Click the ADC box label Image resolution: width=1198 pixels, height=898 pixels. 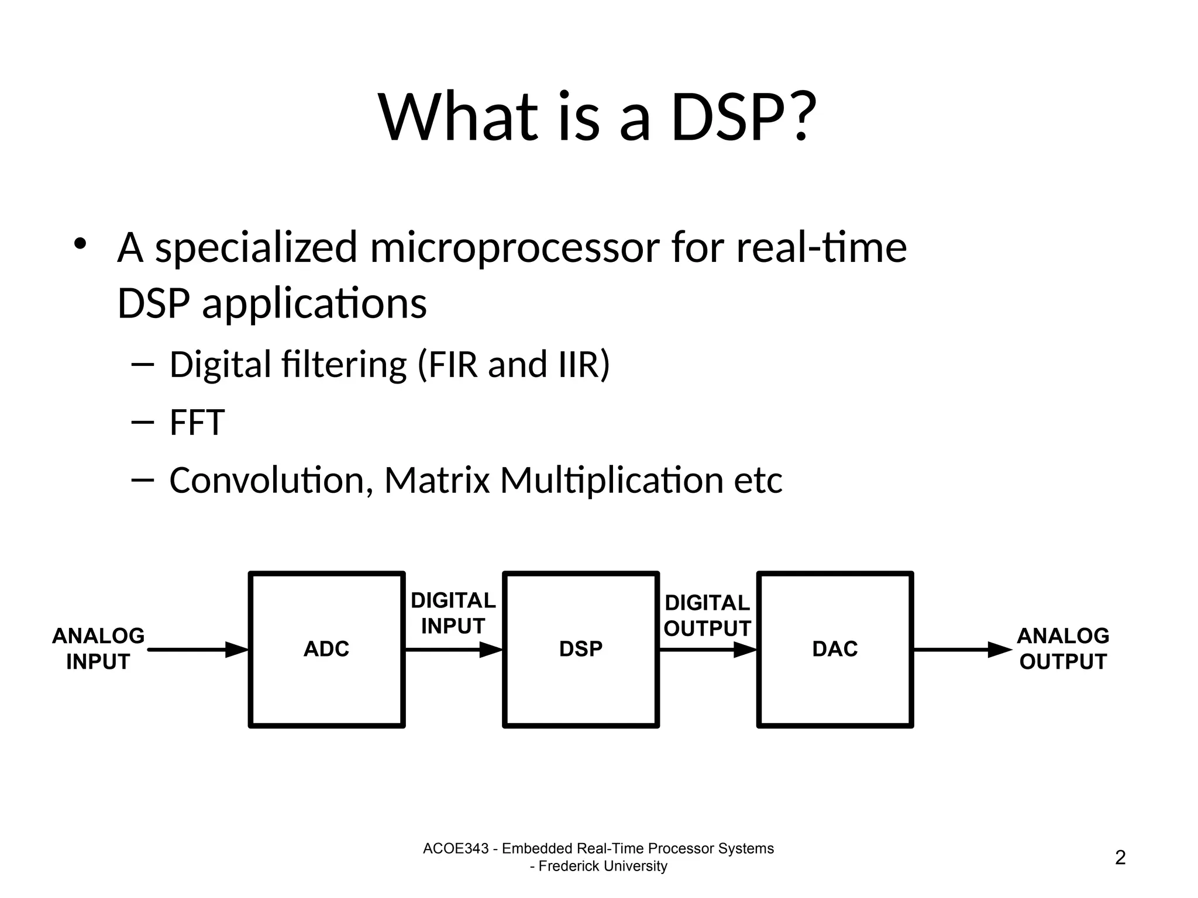[x=326, y=649]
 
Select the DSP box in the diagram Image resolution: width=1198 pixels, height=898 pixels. [x=580, y=649]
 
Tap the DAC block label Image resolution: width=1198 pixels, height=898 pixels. [x=835, y=649]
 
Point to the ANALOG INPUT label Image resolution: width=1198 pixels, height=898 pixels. [x=98, y=649]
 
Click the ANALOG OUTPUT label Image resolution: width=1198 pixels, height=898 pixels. [x=1063, y=649]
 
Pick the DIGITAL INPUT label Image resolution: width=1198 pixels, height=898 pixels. [x=453, y=613]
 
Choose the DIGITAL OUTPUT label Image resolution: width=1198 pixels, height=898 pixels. [x=707, y=616]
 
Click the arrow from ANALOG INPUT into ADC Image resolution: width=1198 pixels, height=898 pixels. [x=199, y=650]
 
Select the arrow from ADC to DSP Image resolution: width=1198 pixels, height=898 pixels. [x=453, y=650]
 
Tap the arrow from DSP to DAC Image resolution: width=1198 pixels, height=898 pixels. [x=707, y=650]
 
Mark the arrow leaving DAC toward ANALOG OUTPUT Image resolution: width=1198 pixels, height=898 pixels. [x=962, y=650]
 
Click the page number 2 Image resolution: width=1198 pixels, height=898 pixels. [x=1120, y=858]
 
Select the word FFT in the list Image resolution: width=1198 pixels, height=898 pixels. [x=197, y=423]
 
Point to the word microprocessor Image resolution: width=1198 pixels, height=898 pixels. [x=515, y=248]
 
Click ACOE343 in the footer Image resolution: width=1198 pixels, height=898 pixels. [x=455, y=848]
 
